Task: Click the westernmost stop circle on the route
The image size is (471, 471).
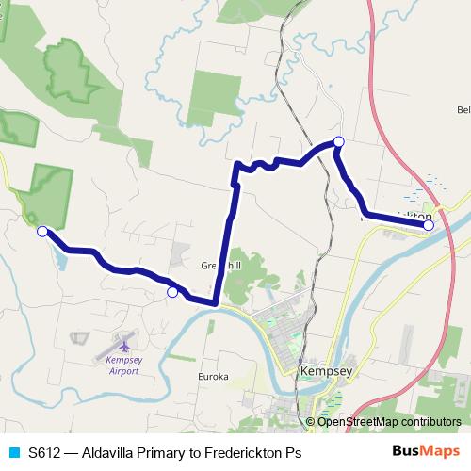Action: point(41,231)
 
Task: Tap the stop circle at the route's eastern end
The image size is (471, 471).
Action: point(429,225)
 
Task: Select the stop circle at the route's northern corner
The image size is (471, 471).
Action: point(339,142)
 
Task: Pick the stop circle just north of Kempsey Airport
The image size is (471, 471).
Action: point(171,293)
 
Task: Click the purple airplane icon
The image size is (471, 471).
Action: point(123,344)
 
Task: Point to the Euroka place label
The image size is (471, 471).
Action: point(213,377)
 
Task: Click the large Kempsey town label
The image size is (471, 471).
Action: point(325,372)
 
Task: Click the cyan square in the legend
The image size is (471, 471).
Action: point(13,453)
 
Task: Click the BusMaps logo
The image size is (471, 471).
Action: point(426,452)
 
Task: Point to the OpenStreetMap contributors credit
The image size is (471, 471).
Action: point(390,422)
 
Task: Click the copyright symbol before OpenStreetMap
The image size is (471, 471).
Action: point(312,422)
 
